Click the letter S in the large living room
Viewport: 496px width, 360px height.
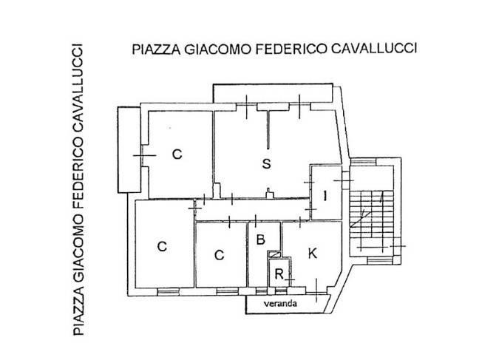pos(265,164)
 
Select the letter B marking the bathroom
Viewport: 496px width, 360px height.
pos(259,240)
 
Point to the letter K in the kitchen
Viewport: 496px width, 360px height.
pos(312,254)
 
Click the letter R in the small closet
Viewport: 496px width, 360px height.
pos(278,275)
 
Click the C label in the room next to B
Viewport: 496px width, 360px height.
pos(219,256)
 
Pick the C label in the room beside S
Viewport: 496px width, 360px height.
pos(177,154)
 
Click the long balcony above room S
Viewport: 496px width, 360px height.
pos(273,94)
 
